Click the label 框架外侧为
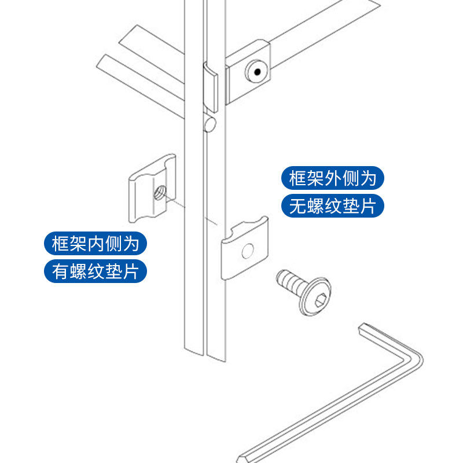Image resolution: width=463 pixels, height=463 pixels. tap(332, 178)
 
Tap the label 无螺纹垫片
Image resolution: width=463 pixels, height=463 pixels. tap(332, 207)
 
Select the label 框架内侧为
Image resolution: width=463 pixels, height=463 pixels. tap(95, 244)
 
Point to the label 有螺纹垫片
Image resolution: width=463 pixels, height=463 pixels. tap(95, 271)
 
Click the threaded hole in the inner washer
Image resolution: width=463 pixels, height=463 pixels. tap(158, 192)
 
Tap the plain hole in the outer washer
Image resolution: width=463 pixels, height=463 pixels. tap(248, 251)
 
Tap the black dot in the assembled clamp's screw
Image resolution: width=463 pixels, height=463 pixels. tap(256, 72)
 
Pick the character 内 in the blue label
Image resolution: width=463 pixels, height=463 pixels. tap(95, 244)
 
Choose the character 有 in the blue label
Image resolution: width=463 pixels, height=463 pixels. tap(61, 271)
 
